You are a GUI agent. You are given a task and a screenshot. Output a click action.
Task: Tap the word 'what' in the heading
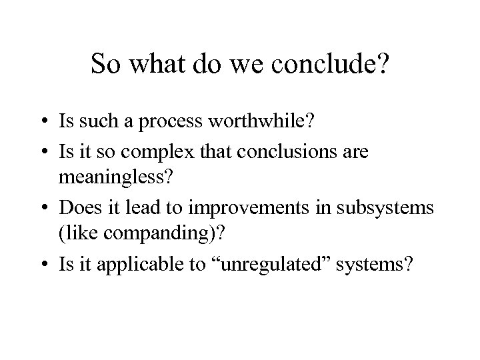click(153, 65)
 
